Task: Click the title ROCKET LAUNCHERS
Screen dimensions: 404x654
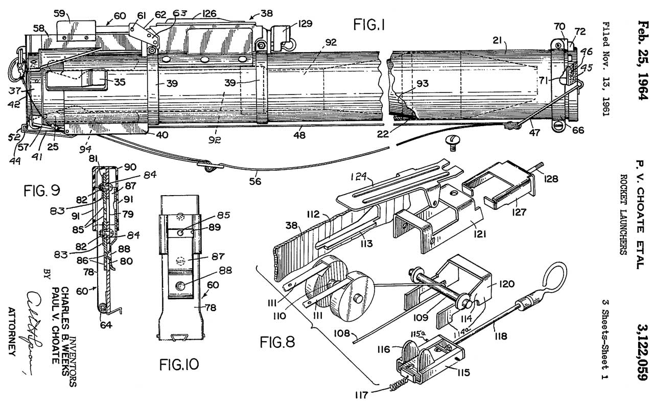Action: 623,215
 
